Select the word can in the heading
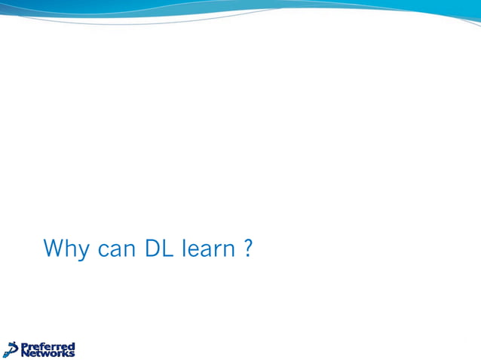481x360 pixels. coord(118,249)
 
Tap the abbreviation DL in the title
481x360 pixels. coord(161,248)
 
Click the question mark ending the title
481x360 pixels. coord(248,248)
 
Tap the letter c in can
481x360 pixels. coord(104,250)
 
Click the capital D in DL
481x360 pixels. coord(153,248)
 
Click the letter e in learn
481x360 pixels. coord(195,250)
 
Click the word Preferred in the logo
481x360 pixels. coord(47,346)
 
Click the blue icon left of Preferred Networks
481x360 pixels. coord(11,349)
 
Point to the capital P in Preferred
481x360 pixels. coord(24,346)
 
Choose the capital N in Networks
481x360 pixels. coord(25,352)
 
